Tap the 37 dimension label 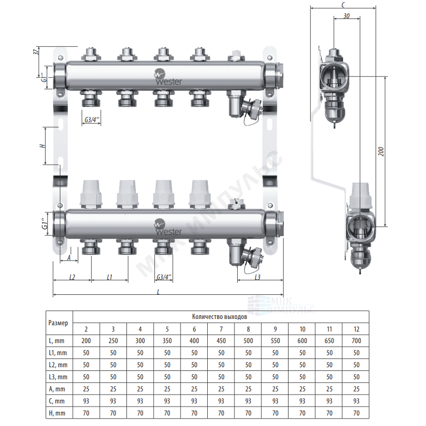[36, 51]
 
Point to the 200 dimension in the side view [381, 151]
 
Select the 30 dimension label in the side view [346, 16]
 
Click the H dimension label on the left [42, 146]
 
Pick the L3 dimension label [257, 277]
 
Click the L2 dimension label [72, 277]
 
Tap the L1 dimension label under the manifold [109, 277]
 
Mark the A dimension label [69, 257]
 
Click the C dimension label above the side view [343, 5]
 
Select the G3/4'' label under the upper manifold [92, 120]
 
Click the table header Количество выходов [219, 316]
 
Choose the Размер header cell [58, 323]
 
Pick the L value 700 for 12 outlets [356, 340]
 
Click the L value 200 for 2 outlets [86, 340]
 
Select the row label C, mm [57, 401]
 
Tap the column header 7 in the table [221, 329]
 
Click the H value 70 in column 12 [356, 413]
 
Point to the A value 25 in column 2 [86, 389]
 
